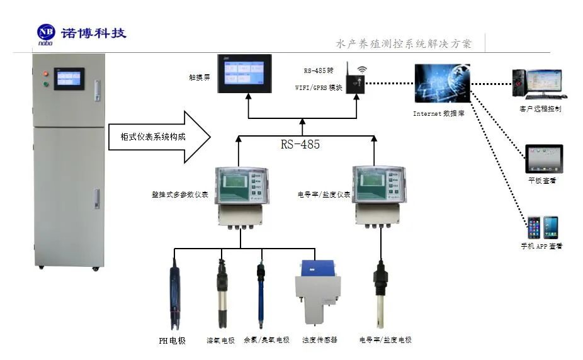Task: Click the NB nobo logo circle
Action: point(46,32)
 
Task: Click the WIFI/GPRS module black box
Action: point(356,84)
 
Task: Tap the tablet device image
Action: point(543,159)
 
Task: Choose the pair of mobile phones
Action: point(543,227)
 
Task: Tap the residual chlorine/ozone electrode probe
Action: point(260,293)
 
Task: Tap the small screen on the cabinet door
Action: point(69,79)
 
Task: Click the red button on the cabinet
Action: point(45,74)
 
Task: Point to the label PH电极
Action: point(172,340)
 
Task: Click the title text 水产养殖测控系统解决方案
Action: point(404,44)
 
